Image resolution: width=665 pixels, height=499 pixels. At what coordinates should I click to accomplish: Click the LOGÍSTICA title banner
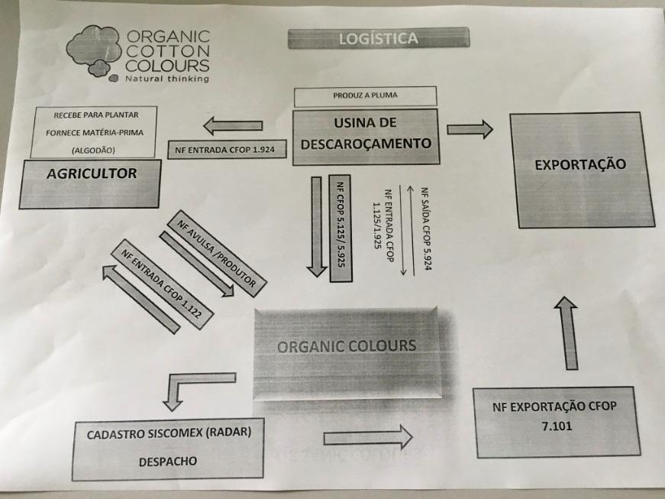(378, 37)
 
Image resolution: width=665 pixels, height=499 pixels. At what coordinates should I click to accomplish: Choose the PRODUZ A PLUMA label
(365, 97)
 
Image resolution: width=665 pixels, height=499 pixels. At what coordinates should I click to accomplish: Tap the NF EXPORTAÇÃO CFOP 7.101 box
(554, 423)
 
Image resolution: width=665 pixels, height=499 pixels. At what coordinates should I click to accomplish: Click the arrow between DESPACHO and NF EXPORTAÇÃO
(368, 437)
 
